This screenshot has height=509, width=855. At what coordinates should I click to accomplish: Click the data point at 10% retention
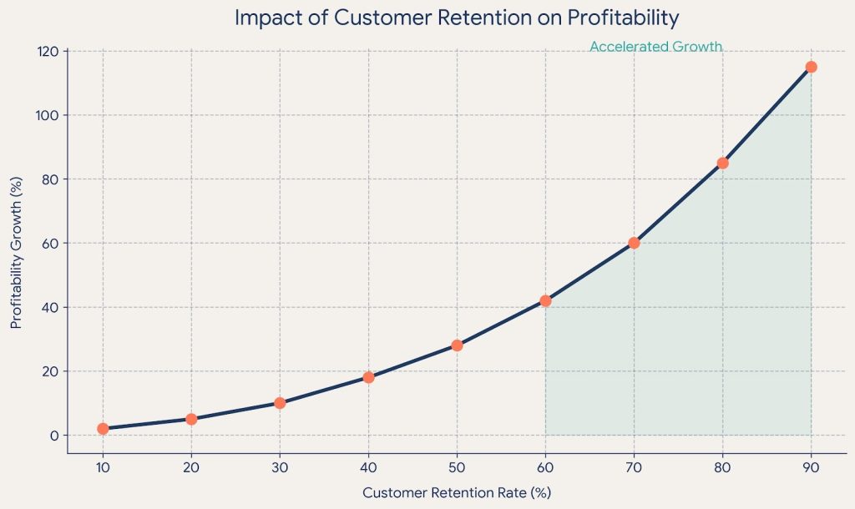pos(103,429)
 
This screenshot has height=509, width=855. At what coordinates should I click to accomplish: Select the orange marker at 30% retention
pos(280,403)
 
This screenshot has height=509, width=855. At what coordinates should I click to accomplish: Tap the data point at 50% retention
pos(457,345)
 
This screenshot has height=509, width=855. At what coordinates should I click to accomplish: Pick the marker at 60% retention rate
pos(545,300)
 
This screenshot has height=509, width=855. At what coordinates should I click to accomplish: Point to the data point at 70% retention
pos(634,243)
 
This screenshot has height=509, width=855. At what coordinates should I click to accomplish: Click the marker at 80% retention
pos(722,163)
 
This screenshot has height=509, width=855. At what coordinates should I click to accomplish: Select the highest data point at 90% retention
pos(811,67)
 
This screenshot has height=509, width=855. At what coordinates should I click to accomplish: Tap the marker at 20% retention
pos(191,419)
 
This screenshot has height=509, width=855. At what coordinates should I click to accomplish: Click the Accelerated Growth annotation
pos(655,48)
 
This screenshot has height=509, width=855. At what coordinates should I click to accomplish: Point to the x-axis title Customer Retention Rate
pos(457,492)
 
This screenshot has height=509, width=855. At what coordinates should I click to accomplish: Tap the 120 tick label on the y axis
pos(47,51)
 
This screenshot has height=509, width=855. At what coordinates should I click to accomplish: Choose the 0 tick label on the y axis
pos(54,436)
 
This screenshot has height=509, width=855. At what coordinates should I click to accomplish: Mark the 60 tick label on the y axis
pos(50,243)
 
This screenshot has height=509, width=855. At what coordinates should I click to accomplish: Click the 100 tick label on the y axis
pos(47,115)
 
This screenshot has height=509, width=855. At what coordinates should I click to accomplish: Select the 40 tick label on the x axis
pos(368,467)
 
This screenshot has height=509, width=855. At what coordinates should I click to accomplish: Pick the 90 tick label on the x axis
pos(811,467)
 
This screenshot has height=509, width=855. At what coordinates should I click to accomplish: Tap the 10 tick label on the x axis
pos(103,467)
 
